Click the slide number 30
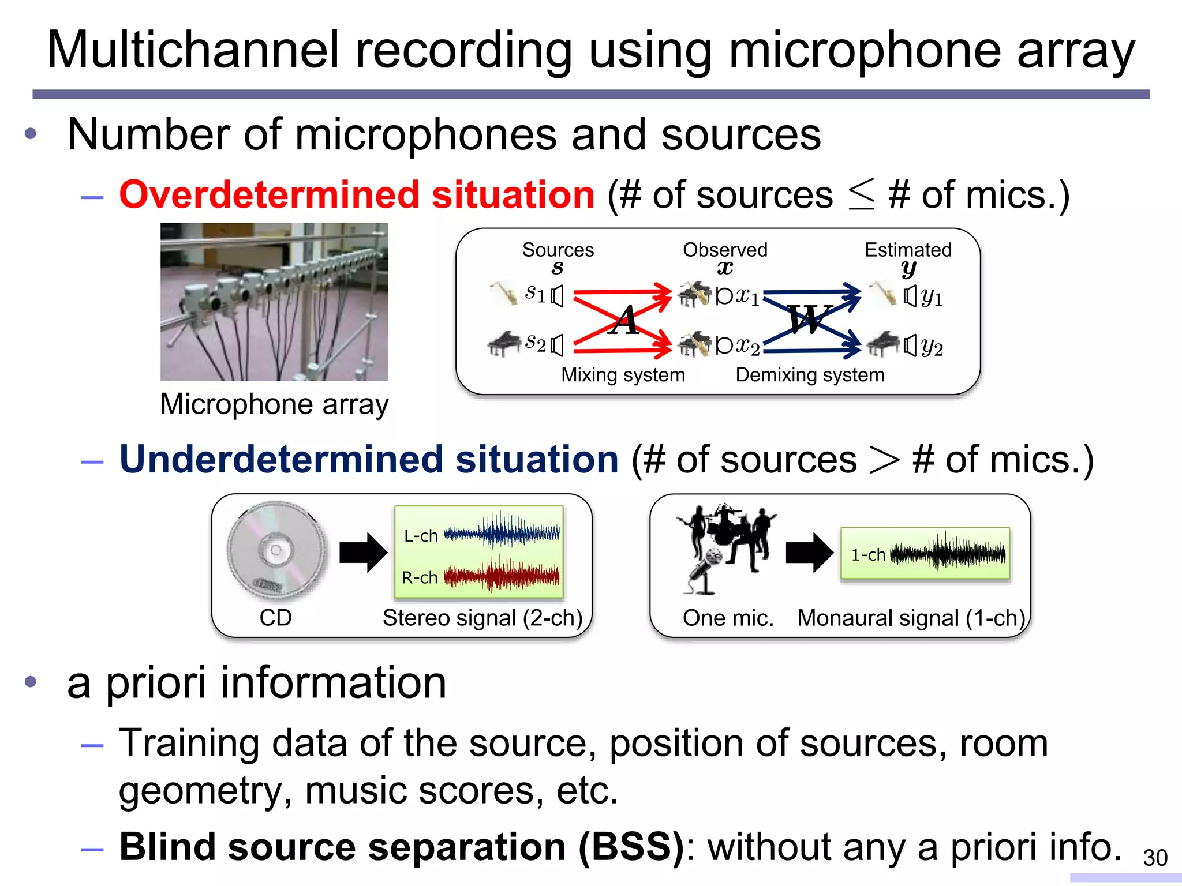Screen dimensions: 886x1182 tap(1155, 858)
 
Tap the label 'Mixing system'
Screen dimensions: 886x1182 tap(623, 375)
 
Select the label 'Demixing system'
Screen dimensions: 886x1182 tap(809, 375)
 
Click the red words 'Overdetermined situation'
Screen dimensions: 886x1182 tap(357, 194)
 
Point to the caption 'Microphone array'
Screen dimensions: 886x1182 tap(274, 404)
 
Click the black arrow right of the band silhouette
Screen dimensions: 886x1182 tap(809, 552)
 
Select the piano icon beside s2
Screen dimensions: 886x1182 tap(503, 344)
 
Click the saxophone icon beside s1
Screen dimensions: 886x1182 tap(504, 294)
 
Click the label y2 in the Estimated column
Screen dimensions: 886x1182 tap(932, 347)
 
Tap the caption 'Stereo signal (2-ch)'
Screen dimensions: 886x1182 tap(482, 618)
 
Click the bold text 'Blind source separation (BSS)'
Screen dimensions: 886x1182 tap(401, 847)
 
